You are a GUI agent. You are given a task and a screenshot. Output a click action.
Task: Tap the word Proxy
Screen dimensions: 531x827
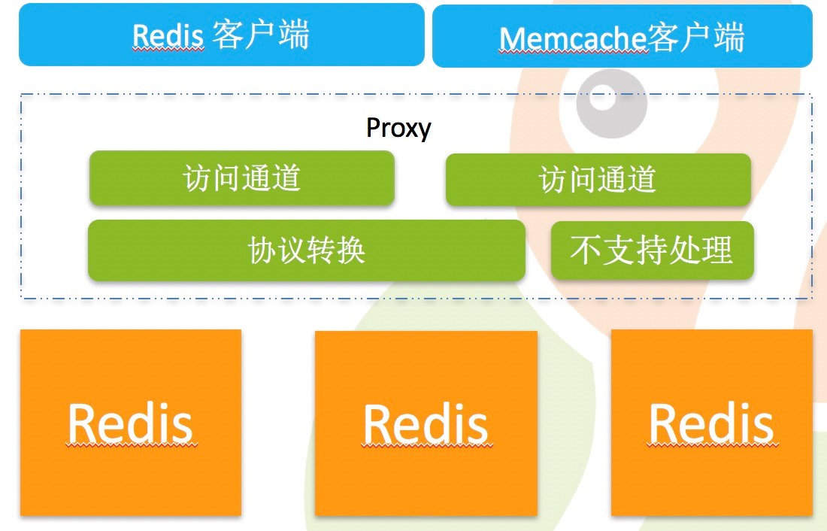398,128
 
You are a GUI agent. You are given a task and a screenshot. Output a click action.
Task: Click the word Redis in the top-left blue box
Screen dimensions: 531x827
168,35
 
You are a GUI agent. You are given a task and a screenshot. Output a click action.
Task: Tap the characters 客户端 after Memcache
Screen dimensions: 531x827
696,38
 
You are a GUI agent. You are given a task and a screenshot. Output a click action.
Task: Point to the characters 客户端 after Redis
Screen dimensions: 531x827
261,35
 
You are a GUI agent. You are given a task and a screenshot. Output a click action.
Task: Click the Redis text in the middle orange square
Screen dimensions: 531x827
426,424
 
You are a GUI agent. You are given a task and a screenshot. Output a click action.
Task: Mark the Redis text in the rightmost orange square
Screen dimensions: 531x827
711,423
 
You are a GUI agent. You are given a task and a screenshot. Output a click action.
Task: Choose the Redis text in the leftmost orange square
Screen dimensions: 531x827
131,423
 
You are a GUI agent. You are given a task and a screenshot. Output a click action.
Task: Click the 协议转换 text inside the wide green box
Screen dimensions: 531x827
307,250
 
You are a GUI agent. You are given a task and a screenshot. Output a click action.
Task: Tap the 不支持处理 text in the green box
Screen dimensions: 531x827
652,250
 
